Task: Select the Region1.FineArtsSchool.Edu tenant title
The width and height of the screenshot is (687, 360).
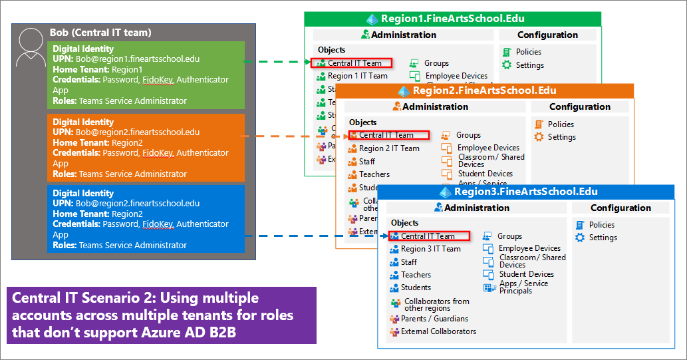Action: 460,19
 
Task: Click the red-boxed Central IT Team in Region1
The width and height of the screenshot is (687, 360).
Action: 352,63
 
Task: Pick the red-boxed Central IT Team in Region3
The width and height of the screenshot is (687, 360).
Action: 429,236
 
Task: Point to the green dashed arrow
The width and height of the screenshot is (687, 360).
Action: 277,63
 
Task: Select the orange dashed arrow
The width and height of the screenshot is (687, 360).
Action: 293,135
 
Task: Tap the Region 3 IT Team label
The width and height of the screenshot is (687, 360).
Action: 430,249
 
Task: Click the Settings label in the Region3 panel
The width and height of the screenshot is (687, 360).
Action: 603,238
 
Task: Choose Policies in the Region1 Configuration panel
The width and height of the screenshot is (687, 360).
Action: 528,52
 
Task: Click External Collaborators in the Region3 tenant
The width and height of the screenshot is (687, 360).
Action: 438,331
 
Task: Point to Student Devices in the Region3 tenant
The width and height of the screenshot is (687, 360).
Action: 526,274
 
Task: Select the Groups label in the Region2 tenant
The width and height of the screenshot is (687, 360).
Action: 468,135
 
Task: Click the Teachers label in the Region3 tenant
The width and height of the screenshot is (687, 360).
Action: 416,275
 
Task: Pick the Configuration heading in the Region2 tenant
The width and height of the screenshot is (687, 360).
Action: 579,106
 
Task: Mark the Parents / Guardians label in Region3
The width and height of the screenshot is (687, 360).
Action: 434,319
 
